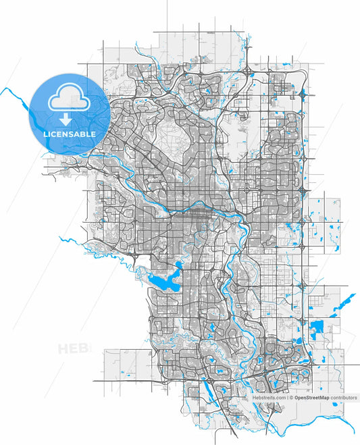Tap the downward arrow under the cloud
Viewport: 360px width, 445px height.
(66, 120)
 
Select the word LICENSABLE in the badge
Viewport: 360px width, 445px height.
(70, 134)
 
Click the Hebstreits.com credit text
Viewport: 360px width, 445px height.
(269, 398)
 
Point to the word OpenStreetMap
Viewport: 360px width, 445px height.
(312, 398)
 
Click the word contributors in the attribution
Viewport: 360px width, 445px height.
(343, 398)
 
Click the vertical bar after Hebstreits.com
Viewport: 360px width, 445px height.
(287, 398)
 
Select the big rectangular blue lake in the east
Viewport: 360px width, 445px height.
(317, 330)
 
